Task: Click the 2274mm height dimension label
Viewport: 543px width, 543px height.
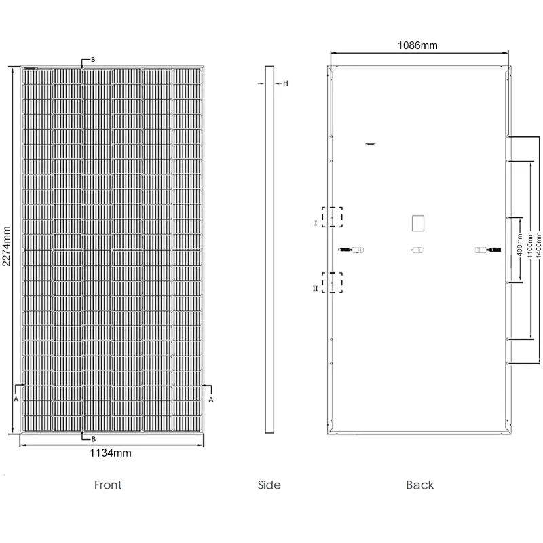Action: point(7,246)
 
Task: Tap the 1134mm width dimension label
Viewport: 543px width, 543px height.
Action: point(111,453)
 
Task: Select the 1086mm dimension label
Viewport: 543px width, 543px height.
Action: point(417,45)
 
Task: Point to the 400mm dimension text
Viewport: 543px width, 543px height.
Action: point(519,245)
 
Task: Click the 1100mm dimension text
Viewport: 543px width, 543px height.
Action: point(529,245)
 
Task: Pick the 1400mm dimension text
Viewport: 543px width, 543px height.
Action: point(538,245)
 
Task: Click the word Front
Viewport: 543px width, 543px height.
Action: point(108,485)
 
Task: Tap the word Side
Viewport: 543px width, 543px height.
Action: point(269,485)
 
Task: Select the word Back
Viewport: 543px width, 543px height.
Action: point(419,485)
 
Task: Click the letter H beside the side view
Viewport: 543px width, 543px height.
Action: point(285,83)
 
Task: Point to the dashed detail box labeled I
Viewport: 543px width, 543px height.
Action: point(332,217)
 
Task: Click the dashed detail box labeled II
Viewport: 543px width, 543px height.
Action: point(332,282)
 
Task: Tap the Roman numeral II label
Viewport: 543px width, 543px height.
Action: point(315,288)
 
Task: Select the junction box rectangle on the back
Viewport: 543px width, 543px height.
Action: point(418,223)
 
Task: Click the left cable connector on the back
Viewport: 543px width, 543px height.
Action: point(351,250)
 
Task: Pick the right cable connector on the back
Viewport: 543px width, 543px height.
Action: point(488,250)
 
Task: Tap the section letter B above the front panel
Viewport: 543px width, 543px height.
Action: point(93,60)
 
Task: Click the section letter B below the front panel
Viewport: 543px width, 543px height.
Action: point(93,439)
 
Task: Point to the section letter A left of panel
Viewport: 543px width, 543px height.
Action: point(16,399)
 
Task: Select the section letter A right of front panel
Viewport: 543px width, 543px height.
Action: point(211,400)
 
